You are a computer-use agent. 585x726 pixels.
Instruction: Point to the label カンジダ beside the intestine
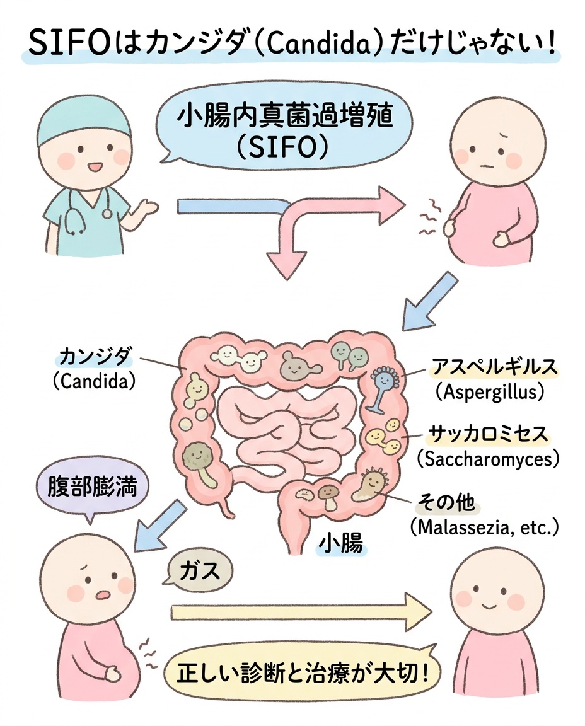tap(95, 358)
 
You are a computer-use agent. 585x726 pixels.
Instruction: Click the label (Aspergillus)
tap(489, 392)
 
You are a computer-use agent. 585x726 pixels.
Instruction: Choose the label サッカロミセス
tap(488, 434)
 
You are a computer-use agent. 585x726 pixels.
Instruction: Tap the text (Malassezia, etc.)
tap(484, 527)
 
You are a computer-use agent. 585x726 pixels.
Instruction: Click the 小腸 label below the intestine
tap(342, 543)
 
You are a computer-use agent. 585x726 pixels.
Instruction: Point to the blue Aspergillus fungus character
tap(383, 388)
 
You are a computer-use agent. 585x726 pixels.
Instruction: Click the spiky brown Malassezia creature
tap(371, 486)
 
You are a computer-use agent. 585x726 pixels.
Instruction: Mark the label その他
tap(446, 502)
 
